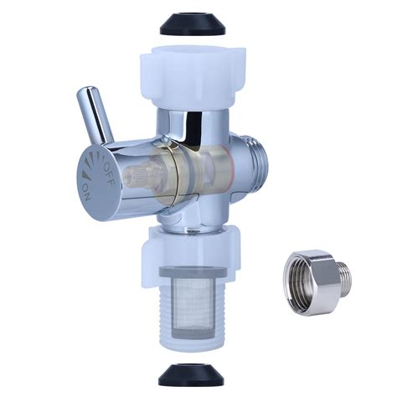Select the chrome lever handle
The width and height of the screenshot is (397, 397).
pyautogui.click(x=99, y=115)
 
